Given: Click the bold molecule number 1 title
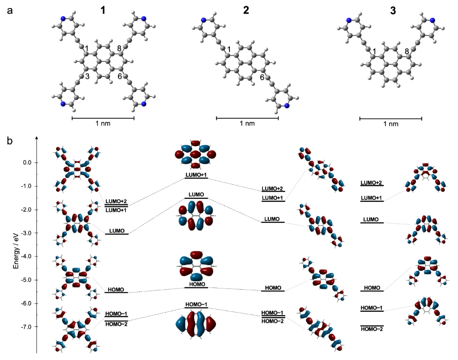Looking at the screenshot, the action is tap(103, 11).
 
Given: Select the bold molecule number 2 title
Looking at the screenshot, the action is tap(246, 11).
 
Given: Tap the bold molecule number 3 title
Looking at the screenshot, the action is tap(393, 11).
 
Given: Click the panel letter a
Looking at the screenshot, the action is tap(10, 11).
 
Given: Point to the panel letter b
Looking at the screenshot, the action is tap(10, 141).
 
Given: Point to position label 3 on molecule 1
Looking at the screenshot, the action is tap(87, 76).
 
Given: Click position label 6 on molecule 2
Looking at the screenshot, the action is tap(262, 77).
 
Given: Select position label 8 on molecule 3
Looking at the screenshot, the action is tap(407, 51).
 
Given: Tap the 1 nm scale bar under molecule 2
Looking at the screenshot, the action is tap(247, 118).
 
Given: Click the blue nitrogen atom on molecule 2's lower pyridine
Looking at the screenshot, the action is tap(287, 106).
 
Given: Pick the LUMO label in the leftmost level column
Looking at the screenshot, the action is tap(117, 231).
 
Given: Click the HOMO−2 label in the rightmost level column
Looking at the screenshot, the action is tap(372, 329).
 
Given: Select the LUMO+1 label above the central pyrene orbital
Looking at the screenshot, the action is tap(196, 175).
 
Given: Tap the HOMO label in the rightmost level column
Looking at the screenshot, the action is tap(372, 288).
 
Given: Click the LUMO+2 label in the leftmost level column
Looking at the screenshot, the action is tap(116, 201).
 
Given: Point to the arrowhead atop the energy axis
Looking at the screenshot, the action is tap(37, 136).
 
